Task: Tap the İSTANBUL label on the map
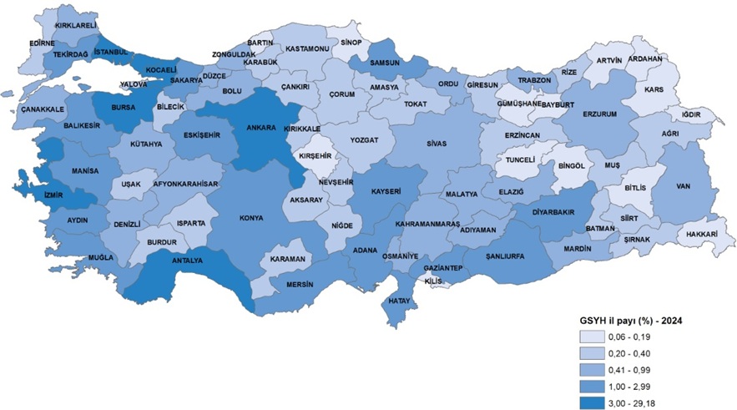tap(112, 52)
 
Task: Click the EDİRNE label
tap(41, 42)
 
